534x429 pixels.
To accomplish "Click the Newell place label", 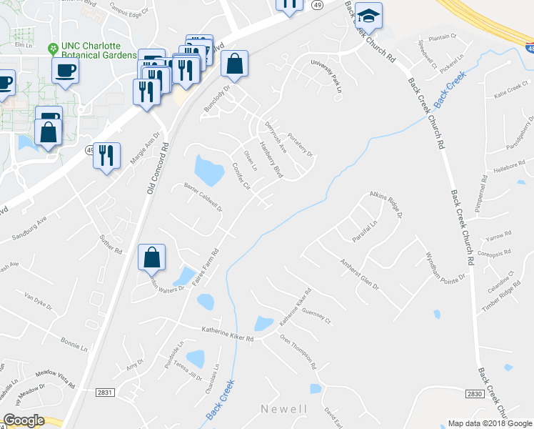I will click(283, 409).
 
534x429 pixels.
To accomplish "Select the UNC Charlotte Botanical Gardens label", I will click(98, 51).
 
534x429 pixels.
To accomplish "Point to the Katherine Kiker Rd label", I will click(228, 330).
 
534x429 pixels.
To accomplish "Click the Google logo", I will click(24, 420).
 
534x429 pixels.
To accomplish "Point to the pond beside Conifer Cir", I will click(208, 169).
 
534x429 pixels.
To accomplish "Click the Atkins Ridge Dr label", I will click(386, 204).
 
